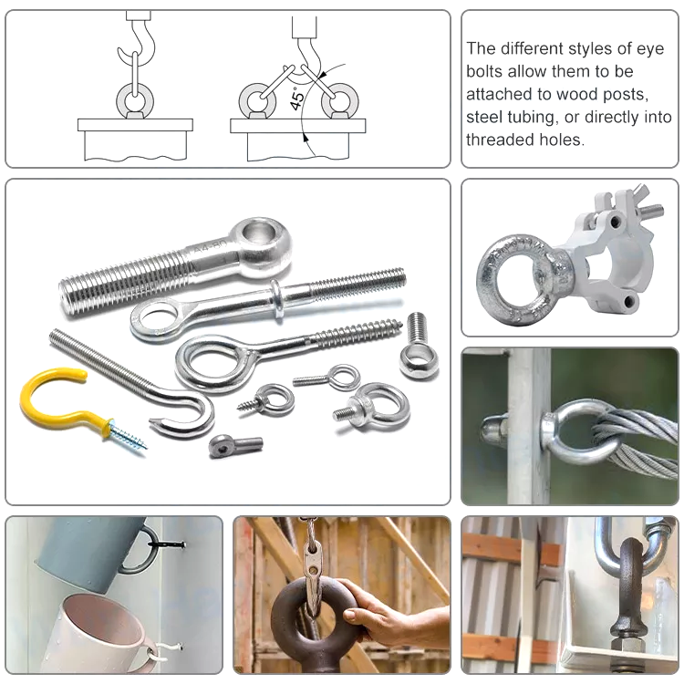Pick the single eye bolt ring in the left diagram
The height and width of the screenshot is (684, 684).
[x=133, y=98]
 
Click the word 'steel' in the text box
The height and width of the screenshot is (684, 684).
[x=486, y=117]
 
